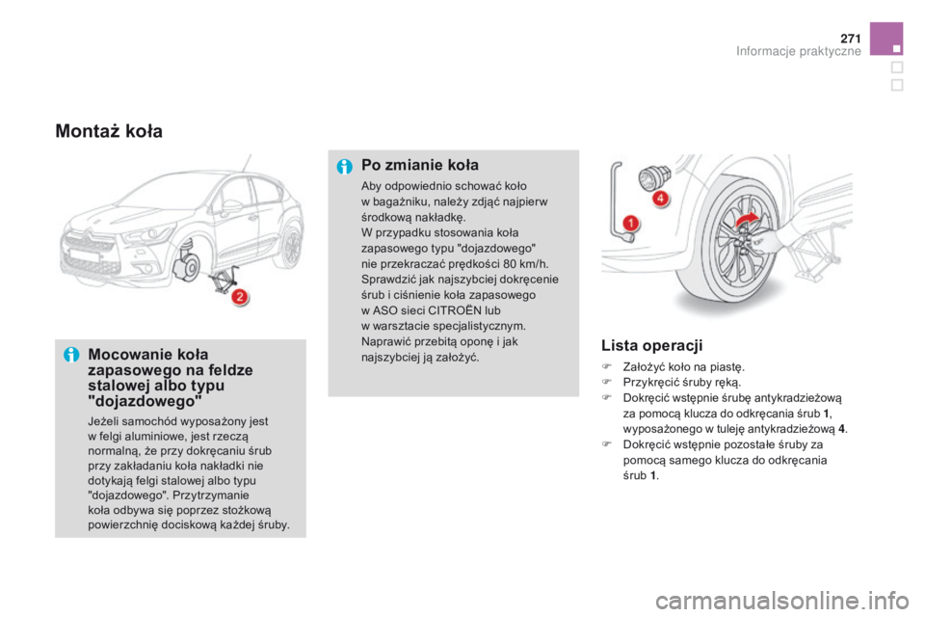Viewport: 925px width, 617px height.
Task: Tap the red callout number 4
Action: (x=660, y=200)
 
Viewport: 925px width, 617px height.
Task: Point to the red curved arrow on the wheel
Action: (x=745, y=223)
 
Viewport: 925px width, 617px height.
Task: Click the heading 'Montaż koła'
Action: (x=109, y=130)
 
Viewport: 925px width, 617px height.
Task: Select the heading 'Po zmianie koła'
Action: (x=419, y=165)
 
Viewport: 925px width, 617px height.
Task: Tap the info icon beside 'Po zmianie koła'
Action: (x=343, y=165)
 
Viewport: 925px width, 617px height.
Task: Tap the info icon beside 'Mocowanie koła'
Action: (x=70, y=355)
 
